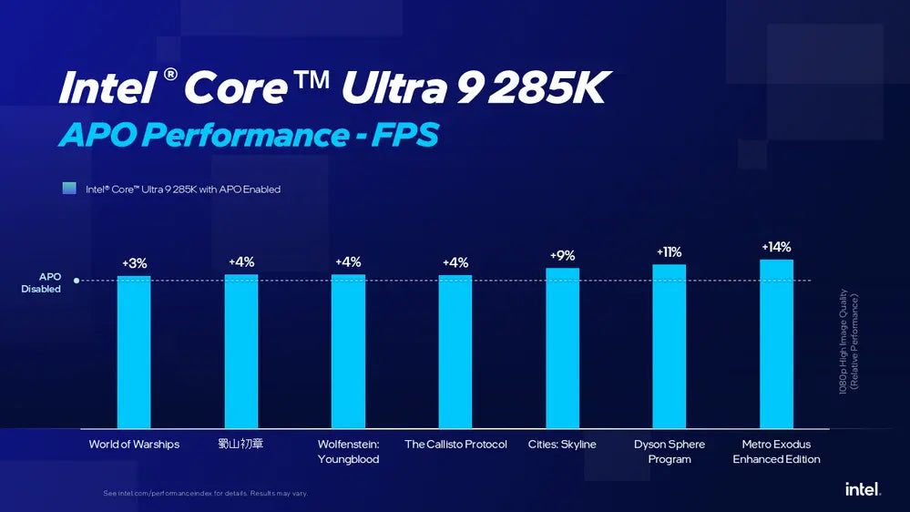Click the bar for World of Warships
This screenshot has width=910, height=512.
click(x=134, y=352)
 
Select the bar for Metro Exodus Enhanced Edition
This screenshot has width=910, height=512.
click(x=776, y=343)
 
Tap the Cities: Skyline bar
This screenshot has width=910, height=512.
click(x=562, y=348)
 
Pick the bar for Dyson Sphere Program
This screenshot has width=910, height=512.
click(x=670, y=346)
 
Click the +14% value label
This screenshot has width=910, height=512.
click(x=776, y=247)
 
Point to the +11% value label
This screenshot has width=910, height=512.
click(x=669, y=252)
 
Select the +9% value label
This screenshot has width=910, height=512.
click(x=562, y=256)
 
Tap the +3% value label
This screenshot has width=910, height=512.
click(x=134, y=264)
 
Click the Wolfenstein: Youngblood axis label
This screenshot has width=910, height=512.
click(x=348, y=452)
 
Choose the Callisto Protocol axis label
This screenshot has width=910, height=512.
click(x=455, y=445)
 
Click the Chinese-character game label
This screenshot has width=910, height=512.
click(x=241, y=445)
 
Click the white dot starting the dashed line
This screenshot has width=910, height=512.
click(x=77, y=282)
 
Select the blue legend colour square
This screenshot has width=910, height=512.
click(x=69, y=189)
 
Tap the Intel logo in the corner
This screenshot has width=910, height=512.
click(x=863, y=489)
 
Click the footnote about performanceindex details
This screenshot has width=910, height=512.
click(x=205, y=493)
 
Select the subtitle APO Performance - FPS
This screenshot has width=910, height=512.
click(x=249, y=135)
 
